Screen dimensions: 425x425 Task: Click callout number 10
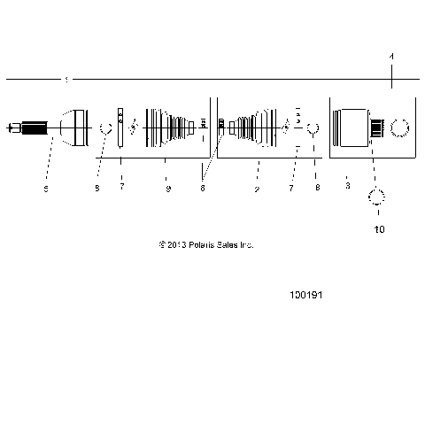(x=380, y=229)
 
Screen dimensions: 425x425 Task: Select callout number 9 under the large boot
(x=167, y=188)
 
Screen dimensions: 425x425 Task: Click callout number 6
(x=203, y=188)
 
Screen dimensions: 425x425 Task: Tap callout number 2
(x=257, y=188)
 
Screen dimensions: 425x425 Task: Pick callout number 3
(x=348, y=187)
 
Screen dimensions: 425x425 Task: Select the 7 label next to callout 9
(x=122, y=188)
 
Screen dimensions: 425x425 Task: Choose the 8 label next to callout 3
(x=317, y=188)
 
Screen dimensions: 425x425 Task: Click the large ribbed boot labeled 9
(x=168, y=129)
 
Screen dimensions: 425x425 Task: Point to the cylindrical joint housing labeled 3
(x=354, y=129)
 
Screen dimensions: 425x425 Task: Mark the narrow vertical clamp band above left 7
(x=121, y=129)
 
